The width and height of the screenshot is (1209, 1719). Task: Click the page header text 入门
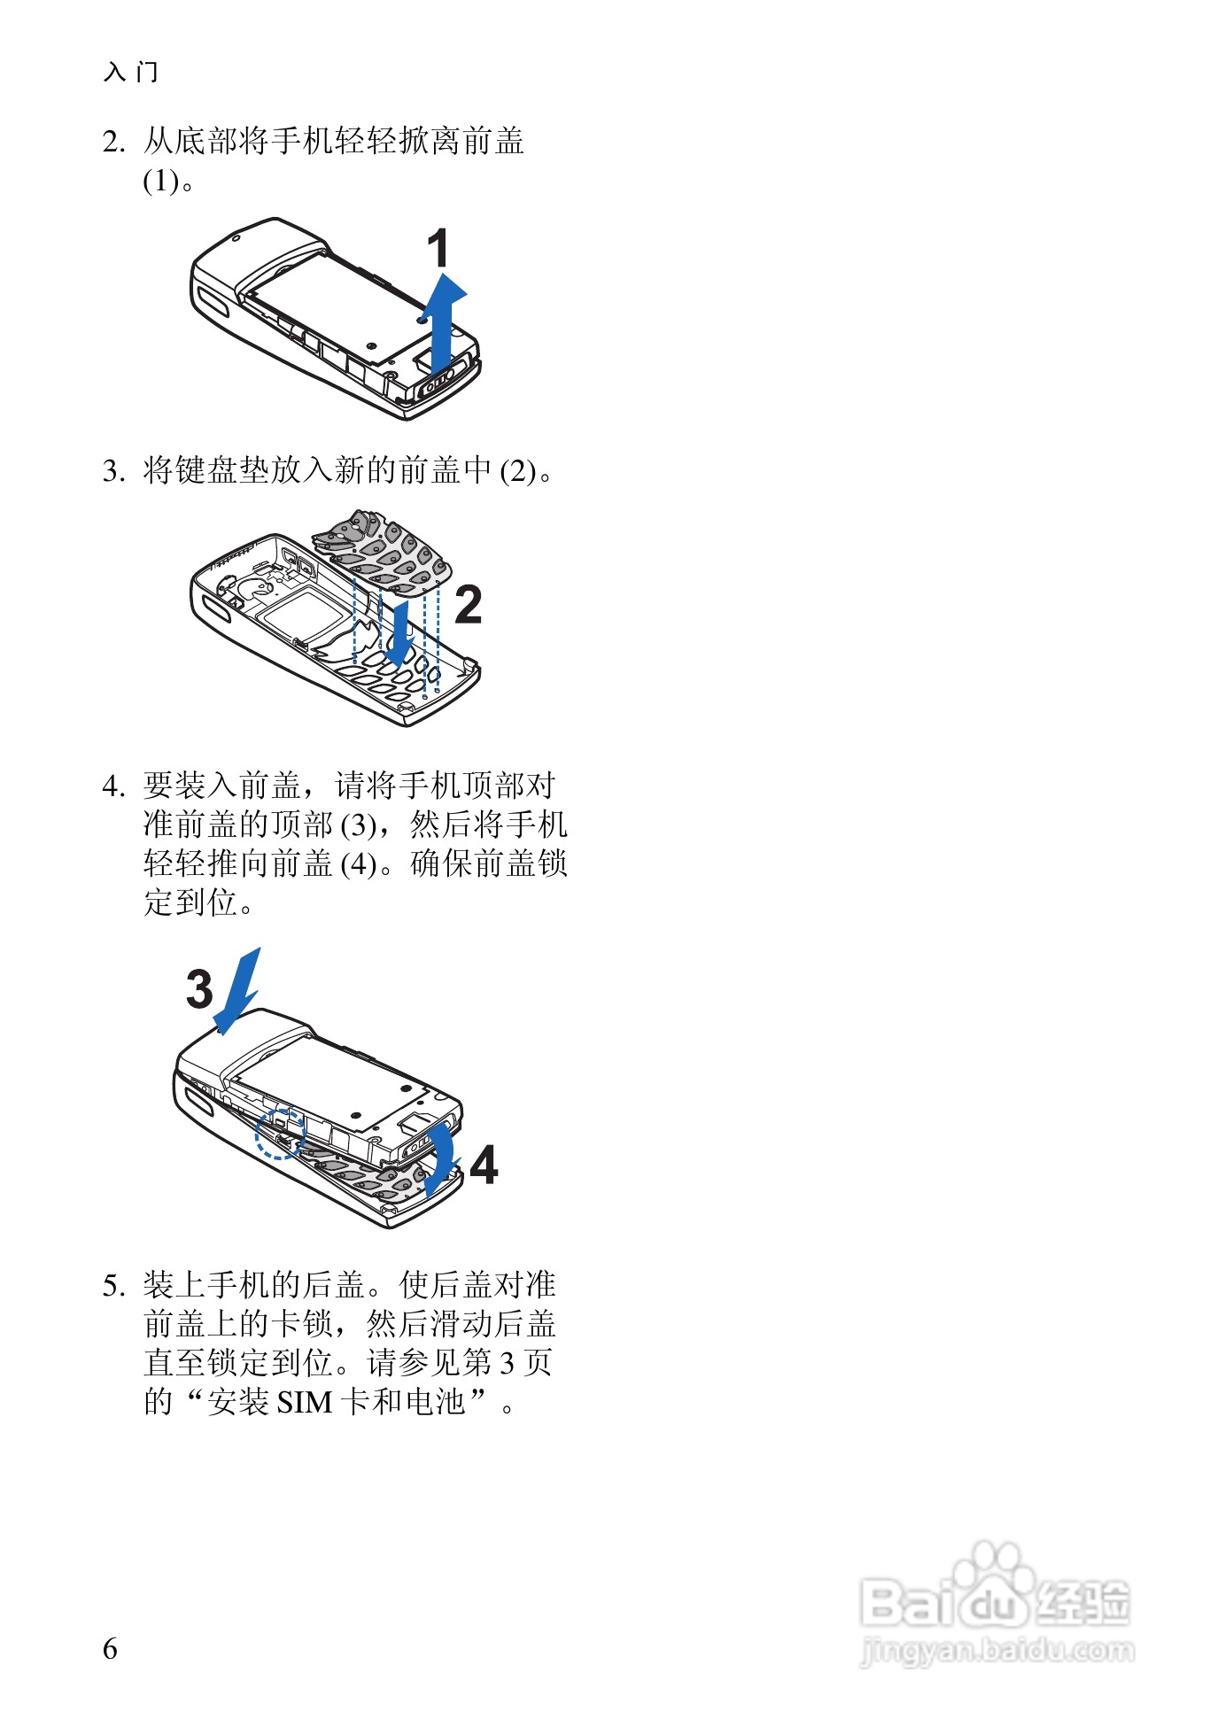131,72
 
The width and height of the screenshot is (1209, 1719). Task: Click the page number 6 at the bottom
110,1648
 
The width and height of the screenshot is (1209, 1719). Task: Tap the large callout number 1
438,249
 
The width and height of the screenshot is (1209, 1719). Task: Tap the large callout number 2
468,605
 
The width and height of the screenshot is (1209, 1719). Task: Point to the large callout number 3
199,989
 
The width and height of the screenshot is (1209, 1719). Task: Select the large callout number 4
484,1165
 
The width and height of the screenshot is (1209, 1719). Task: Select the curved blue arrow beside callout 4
440,1157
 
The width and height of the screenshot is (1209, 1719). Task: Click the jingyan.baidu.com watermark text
996,1651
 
